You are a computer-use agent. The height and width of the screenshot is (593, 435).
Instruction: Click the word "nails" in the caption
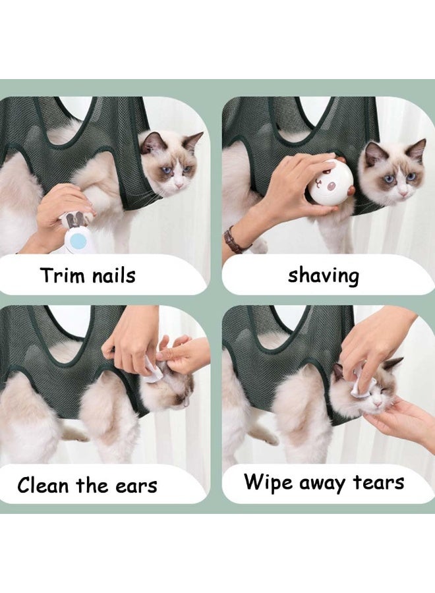click(112, 275)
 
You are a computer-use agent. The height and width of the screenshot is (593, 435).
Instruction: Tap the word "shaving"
click(323, 275)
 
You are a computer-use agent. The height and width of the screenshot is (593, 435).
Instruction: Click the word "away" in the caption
click(325, 483)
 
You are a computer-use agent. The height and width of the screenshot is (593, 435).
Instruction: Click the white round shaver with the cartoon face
click(331, 183)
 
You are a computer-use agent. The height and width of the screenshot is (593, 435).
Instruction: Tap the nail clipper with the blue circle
click(78, 234)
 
